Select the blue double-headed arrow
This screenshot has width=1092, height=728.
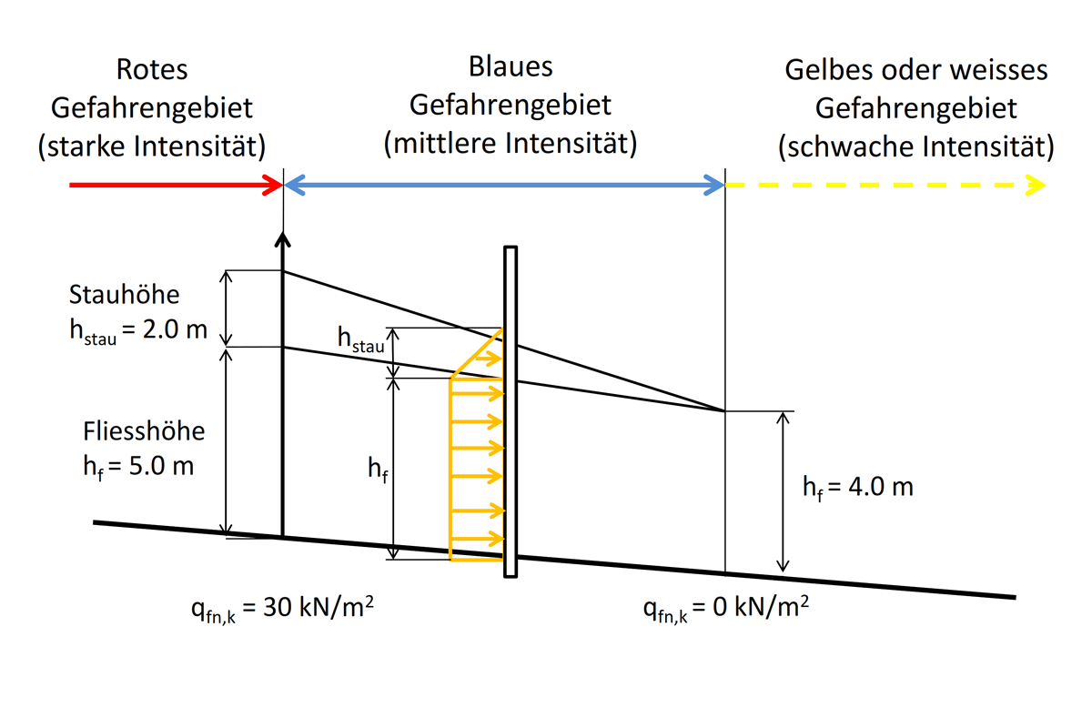point(504,187)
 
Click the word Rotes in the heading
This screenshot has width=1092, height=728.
point(151,71)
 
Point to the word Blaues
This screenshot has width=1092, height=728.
point(511,67)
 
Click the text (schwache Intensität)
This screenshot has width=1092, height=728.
point(915,146)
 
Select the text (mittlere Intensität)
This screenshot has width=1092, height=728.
point(510,143)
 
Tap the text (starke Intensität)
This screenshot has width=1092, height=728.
point(151,146)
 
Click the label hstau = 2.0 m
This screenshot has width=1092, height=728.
point(137,330)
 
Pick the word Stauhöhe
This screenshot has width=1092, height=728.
point(125,296)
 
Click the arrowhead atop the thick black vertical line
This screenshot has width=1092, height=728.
point(283,239)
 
